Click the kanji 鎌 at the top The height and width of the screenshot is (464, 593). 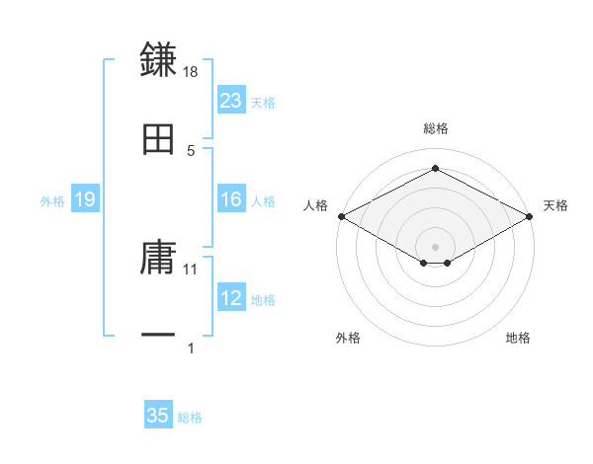[x=158, y=58]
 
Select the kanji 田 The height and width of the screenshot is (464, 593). [x=158, y=140]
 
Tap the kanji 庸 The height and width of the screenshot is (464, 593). [x=158, y=259]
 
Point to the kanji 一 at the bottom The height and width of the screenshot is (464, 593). [x=158, y=336]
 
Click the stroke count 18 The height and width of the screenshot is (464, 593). [x=191, y=72]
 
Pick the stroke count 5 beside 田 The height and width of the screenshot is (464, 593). [x=191, y=150]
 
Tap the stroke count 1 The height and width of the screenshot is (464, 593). [x=191, y=348]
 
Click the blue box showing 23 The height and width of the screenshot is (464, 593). [x=231, y=101]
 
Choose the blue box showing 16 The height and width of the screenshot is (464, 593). [x=231, y=200]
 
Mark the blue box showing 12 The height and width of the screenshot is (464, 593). [x=231, y=299]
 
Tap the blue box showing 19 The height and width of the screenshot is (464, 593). [x=85, y=200]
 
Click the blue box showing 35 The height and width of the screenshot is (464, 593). [x=158, y=417]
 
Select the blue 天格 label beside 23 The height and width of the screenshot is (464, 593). [x=263, y=102]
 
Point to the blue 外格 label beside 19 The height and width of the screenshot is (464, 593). [x=52, y=201]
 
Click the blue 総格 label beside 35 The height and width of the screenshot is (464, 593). [x=190, y=418]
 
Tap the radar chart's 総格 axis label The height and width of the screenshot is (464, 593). [x=435, y=128]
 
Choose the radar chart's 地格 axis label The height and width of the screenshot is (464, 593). [x=518, y=338]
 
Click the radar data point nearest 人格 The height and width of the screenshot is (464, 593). [x=340, y=216]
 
